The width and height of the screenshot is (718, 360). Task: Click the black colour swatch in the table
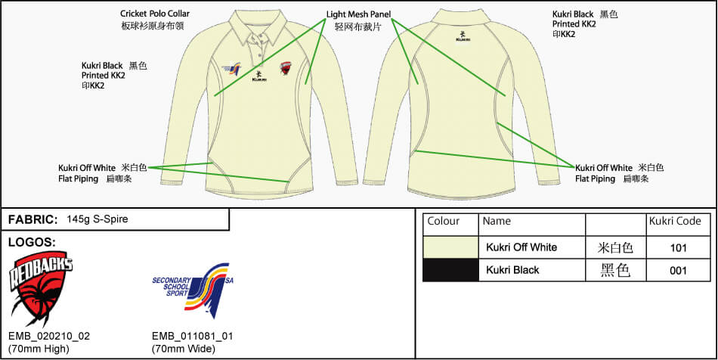click(450, 270)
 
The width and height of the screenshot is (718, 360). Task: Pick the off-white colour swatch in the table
click(450, 247)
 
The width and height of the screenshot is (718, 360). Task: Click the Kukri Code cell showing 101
click(678, 247)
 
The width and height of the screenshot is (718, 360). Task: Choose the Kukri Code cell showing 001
click(678, 270)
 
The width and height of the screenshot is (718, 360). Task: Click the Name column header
click(497, 222)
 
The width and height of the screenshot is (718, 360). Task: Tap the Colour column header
click(444, 222)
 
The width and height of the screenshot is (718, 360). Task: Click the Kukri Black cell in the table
click(512, 270)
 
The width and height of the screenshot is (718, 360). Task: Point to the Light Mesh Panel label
click(363, 14)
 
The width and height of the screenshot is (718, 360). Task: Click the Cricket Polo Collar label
click(155, 14)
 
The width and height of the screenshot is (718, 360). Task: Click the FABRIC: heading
click(32, 219)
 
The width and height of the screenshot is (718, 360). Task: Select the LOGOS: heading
click(31, 242)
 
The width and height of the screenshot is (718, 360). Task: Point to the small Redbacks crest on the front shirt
click(286, 68)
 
